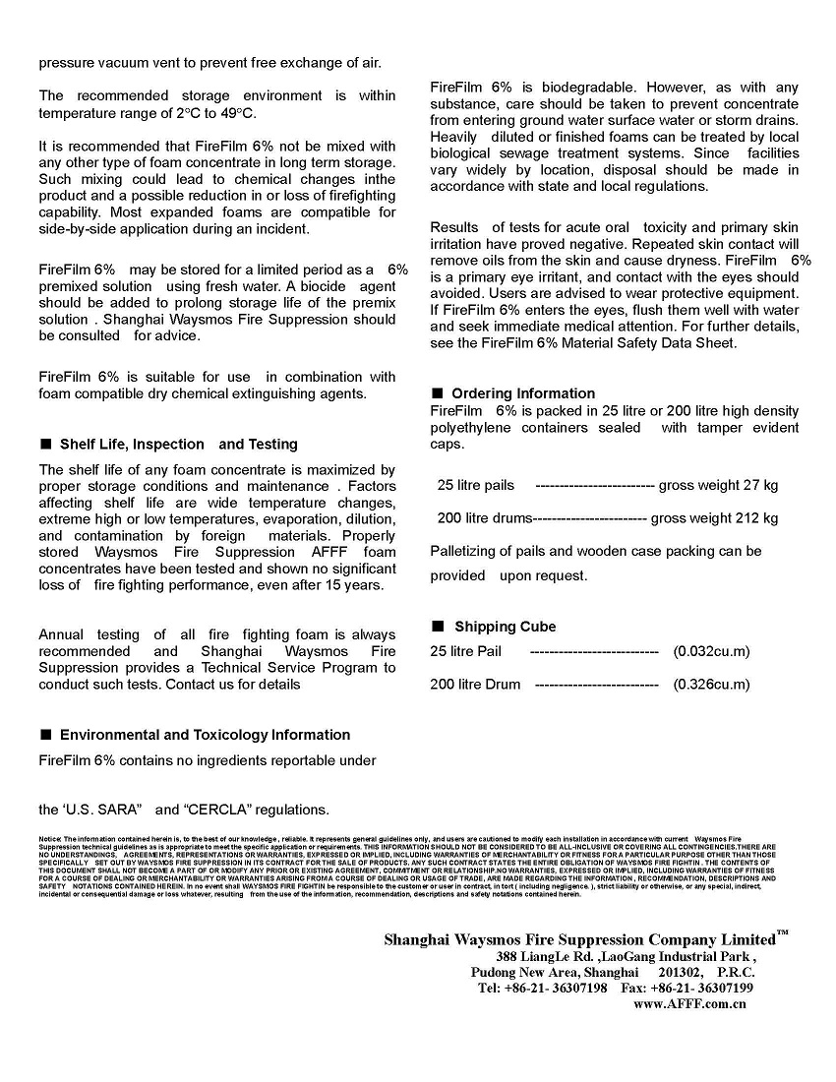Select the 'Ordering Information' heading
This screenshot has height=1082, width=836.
[523, 393]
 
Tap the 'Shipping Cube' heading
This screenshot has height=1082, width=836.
[505, 627]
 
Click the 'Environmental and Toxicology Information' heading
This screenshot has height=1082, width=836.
[205, 735]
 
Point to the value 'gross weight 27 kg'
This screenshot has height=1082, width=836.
[718, 485]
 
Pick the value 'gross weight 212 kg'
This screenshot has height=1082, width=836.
[714, 518]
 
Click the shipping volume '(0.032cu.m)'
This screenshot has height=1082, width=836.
[711, 651]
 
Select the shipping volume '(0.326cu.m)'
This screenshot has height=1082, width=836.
[711, 685]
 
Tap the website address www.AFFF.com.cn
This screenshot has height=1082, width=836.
[689, 1004]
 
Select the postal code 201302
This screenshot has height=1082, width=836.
[678, 972]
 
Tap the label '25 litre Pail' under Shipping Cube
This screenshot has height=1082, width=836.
[465, 651]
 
